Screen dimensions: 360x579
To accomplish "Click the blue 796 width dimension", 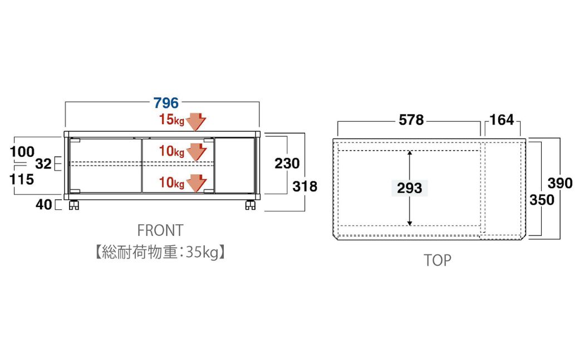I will tap(166, 103).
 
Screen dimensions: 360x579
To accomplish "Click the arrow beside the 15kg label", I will tap(195, 121).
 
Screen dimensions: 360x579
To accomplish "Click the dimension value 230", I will tap(287, 163).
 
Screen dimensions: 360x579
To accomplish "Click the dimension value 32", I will tap(43, 164).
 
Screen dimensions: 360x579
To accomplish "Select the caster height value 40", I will tap(44, 205).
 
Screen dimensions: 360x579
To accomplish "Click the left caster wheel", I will tap(73, 206).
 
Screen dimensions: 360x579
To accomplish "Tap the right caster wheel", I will tap(250, 206).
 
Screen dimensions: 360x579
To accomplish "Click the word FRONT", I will tap(160, 230).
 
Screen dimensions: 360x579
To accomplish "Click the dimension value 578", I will tap(411, 120).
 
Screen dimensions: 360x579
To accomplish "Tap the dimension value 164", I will tap(502, 120).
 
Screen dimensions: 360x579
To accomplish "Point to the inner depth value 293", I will tap(410, 188).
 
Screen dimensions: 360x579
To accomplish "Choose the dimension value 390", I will tap(560, 183).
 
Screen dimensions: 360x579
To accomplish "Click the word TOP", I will tap(438, 260).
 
